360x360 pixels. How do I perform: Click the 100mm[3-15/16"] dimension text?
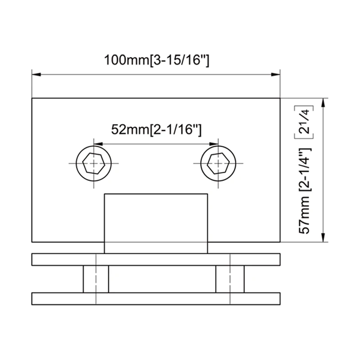click(x=156, y=60)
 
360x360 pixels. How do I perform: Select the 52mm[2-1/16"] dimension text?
click(x=156, y=130)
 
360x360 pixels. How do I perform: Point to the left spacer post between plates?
click(x=96, y=279)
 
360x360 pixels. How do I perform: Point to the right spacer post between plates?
click(x=229, y=279)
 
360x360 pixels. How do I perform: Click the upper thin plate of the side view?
click(x=156, y=260)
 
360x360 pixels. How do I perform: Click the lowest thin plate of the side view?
click(x=156, y=298)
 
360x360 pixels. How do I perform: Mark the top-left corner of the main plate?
click(x=31, y=98)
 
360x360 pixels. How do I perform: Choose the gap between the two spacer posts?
click(x=162, y=279)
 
